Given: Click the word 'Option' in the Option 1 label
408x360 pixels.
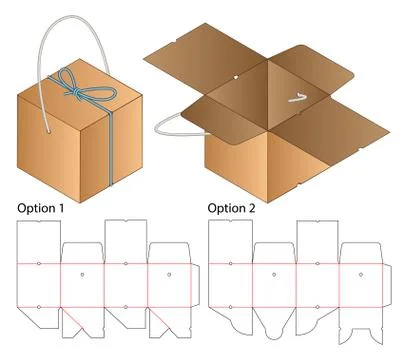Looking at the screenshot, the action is (36, 208).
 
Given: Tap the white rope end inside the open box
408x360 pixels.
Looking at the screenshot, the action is (295, 98).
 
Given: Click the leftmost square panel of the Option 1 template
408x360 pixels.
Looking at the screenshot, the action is (39, 284).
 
